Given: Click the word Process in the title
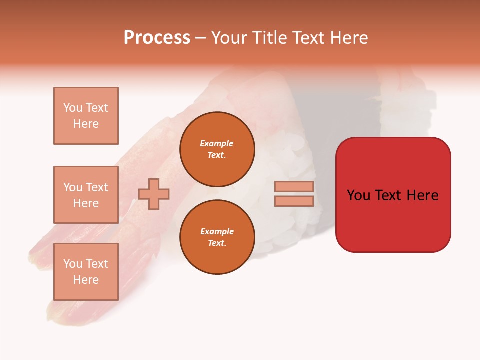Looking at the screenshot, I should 157,38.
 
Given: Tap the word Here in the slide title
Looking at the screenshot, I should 348,38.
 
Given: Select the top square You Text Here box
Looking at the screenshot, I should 86,116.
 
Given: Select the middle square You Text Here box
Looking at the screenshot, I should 86,195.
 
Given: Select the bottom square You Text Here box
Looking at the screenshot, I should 86,272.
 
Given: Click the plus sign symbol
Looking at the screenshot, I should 154,194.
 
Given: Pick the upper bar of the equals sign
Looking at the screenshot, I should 294,186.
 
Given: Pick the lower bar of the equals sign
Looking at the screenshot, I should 294,201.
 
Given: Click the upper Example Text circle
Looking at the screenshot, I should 217,149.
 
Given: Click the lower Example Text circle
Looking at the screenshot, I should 217,237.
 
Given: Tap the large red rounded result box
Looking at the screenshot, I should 393,220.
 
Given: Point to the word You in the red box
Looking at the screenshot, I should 358,195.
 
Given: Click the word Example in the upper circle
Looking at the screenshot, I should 217,143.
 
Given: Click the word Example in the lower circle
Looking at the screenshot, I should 217,231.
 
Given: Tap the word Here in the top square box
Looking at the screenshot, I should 86,124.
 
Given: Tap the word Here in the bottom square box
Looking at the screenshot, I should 86,280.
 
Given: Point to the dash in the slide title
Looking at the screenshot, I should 200,38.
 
